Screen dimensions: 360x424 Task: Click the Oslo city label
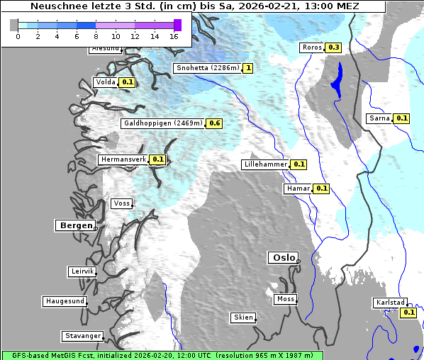tap(283, 258)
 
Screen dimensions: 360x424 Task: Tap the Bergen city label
tap(74, 225)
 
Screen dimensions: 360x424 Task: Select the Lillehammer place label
tap(266, 164)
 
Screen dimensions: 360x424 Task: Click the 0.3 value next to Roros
tap(334, 47)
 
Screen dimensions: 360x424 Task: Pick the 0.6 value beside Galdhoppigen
tap(215, 123)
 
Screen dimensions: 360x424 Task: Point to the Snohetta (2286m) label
tap(207, 68)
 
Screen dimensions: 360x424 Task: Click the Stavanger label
tap(82, 336)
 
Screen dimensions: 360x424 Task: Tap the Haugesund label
tap(65, 301)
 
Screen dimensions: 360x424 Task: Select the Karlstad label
tap(390, 303)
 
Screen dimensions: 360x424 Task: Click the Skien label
tap(242, 317)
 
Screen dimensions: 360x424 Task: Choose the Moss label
tap(285, 299)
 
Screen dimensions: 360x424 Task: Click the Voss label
tap(121, 203)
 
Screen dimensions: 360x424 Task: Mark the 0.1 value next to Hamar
tap(321, 189)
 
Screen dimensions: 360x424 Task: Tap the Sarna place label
tap(379, 118)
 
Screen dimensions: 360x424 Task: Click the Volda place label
tap(105, 82)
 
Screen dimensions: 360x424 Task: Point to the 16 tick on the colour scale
tap(174, 36)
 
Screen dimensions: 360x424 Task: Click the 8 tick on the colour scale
tap(96, 36)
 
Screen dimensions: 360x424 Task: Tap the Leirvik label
tap(82, 271)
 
